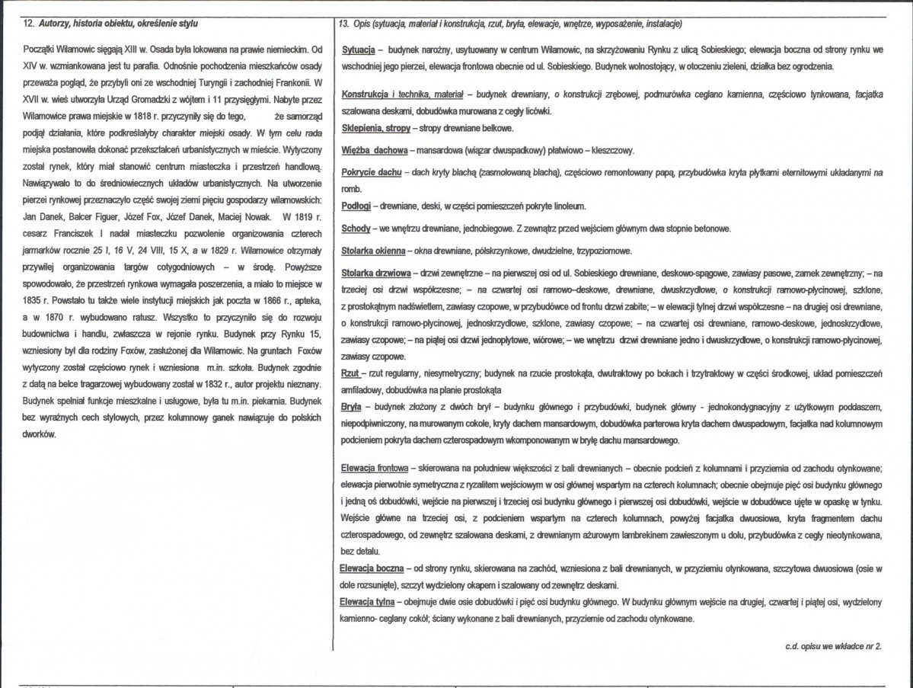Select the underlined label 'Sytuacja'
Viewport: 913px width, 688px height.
point(358,50)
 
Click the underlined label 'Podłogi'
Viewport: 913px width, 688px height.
point(356,207)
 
